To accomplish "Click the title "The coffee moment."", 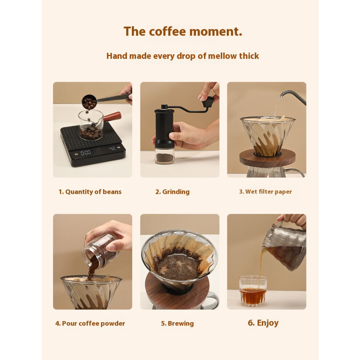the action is point(183,31).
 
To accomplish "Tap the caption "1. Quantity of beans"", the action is point(90,192).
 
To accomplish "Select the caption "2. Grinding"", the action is point(172,192).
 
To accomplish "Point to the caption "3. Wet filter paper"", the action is point(265,192).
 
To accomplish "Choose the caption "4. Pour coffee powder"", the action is point(90,324).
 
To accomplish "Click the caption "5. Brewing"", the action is point(177,324).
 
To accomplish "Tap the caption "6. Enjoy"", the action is point(263,323).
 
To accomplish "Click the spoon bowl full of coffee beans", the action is point(89,103).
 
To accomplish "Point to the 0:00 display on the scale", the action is point(85,152).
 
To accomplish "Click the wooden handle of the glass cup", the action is point(112,117).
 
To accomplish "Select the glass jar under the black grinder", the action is point(164,156).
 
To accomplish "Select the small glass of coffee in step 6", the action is point(253,291).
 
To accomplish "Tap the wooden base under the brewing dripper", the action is point(177,291).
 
